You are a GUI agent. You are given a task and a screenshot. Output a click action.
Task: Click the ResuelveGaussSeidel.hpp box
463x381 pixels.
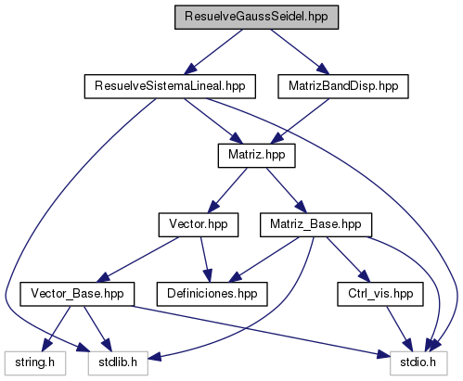256,18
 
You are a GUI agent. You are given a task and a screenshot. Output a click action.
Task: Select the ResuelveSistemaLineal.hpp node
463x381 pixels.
170,86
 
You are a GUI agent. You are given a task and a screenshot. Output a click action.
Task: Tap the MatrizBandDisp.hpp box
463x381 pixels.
343,86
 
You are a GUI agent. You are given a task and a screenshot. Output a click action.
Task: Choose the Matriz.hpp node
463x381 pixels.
257,156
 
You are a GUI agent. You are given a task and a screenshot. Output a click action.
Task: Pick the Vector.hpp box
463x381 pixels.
199,225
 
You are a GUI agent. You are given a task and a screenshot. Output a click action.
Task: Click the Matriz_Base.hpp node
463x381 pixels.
315,225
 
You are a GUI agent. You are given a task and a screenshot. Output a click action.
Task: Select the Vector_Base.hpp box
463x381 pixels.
77,294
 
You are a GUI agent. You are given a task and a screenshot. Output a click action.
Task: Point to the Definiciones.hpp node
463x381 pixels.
212,294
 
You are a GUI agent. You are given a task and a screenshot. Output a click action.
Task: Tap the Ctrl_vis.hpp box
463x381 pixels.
380,294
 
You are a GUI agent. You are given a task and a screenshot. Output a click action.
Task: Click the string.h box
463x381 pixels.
35,363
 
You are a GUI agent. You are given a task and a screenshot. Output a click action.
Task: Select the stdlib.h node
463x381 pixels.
118,363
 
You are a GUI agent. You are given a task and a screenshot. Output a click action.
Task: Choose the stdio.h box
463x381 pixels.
418,363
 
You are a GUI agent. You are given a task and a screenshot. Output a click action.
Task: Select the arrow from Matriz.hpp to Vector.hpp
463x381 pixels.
227,191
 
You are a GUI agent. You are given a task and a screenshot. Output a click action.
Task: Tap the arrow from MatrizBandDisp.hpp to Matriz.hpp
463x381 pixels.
300,121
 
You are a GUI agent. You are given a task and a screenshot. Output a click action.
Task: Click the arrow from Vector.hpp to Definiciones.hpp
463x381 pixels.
206,260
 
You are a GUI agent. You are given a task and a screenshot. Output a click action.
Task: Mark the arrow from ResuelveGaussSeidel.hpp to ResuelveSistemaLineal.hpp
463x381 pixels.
213,52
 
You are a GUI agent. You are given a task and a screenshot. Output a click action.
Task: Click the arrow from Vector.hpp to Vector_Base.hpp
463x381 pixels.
138,260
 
